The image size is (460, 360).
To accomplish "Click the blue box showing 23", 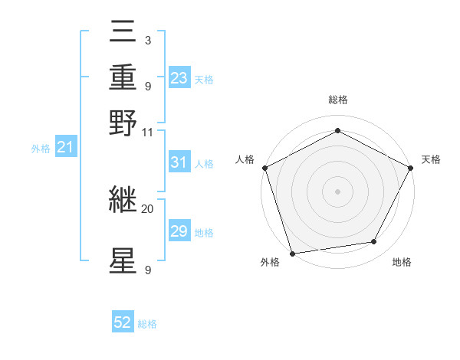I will tap(179, 78).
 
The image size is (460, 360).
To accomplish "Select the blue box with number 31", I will tap(179, 163).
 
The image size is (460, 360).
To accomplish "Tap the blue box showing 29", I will tap(179, 231).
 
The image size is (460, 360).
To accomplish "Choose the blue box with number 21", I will tap(65, 147).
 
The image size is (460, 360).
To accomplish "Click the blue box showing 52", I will tap(123, 323).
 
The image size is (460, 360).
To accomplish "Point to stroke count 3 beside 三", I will tap(147, 40).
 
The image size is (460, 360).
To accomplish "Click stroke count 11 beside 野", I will tap(148, 132).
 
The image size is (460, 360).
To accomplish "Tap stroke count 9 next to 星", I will tap(147, 270).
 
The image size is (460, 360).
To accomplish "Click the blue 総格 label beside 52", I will tap(147, 324).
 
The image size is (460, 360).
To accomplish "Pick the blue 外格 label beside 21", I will tap(40, 149).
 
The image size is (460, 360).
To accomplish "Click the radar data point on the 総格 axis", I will tap(337, 130).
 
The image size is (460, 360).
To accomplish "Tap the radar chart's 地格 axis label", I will tap(402, 263).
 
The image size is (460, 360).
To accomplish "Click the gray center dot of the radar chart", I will tap(337, 191).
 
